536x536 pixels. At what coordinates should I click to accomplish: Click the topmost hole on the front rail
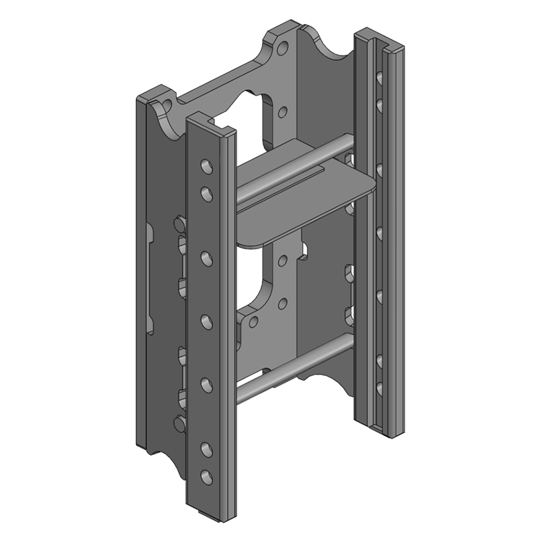click(206, 165)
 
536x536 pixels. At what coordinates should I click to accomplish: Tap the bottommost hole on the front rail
click(206, 476)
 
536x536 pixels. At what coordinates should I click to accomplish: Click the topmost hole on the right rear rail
click(380, 80)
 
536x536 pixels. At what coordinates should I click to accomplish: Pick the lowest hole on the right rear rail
click(380, 387)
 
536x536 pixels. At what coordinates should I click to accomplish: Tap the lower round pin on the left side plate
click(179, 423)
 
